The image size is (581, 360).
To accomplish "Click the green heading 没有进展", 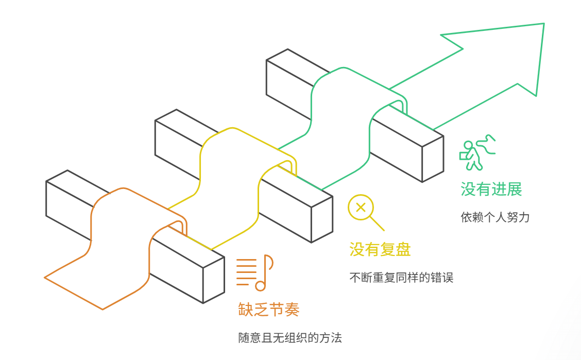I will coord(491,190).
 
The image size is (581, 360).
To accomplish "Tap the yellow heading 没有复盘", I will coord(380,250).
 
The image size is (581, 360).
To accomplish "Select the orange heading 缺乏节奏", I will coord(269,310).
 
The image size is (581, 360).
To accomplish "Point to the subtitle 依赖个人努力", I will coord(495,217).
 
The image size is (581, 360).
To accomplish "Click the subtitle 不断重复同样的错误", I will coord(401,278).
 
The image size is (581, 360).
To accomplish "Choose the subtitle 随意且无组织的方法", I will coord(290,338).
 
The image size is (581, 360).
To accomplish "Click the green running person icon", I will coord(476,152).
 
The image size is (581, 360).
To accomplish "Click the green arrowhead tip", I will coord(543,25).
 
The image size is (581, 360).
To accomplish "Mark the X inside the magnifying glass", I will coord(361,208).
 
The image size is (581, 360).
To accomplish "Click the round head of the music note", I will coord(260,285).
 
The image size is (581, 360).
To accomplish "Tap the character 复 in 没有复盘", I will coord(387,250).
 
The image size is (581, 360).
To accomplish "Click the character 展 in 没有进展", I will coord(514,190).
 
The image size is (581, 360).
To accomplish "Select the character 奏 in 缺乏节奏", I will coord(292,310).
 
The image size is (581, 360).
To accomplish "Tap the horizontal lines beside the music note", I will coord(246,271).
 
